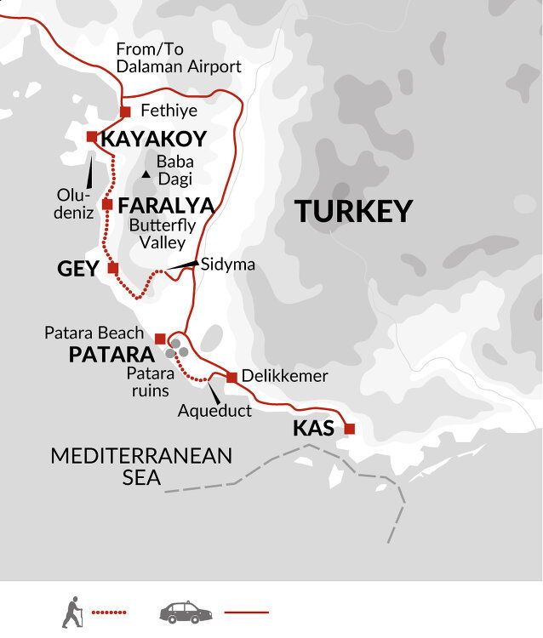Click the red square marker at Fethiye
[x=125, y=111]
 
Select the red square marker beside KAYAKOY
[x=91, y=136]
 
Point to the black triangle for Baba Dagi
[x=146, y=174]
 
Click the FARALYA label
[x=166, y=205]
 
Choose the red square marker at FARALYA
[x=107, y=204]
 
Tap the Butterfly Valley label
[x=162, y=234]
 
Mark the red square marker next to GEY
[x=113, y=268]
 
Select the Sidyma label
[x=227, y=265]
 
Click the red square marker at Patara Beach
[x=160, y=339]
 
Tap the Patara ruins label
[x=151, y=381]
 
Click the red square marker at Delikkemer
[x=231, y=377]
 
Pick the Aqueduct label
[x=214, y=411]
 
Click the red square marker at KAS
[x=349, y=429]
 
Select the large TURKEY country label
[x=353, y=211]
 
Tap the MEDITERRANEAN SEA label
[x=141, y=466]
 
